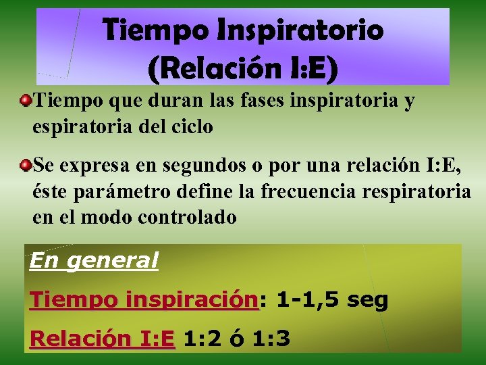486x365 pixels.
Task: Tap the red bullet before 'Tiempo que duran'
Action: (x=26, y=101)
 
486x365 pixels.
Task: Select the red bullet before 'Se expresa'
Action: (x=26, y=165)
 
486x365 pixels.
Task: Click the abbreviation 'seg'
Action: (x=367, y=299)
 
